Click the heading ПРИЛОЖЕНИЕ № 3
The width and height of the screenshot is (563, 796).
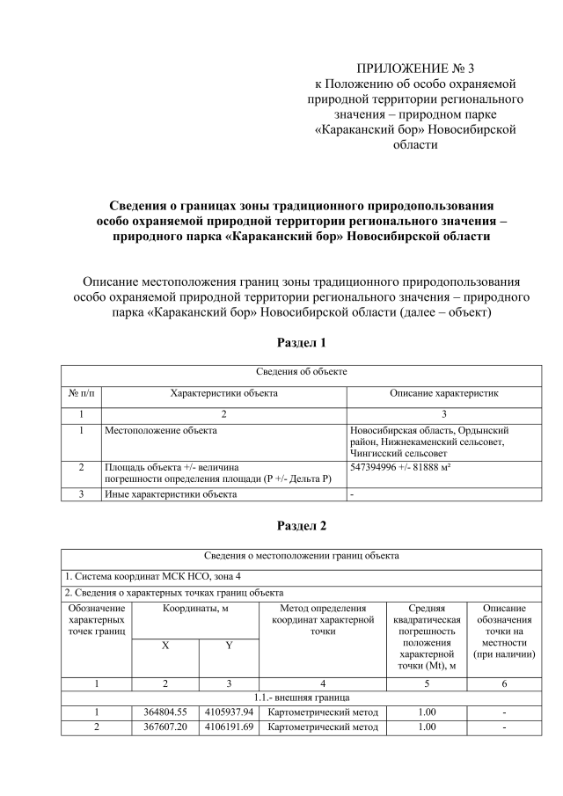[414, 69]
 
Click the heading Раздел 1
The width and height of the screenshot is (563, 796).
[302, 342]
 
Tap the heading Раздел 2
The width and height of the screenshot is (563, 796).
[302, 526]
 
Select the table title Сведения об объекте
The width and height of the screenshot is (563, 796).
[302, 373]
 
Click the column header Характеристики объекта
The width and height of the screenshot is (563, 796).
[224, 393]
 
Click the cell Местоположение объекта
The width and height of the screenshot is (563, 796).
[161, 431]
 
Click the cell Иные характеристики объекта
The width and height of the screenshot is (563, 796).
[171, 494]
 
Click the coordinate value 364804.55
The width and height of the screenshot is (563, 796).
[165, 711]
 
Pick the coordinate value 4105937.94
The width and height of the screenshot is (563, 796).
[229, 711]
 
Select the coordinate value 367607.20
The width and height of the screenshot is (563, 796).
[165, 727]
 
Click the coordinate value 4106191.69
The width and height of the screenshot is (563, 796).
[229, 727]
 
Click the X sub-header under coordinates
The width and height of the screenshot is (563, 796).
[165, 646]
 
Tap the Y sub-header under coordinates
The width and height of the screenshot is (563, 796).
[229, 646]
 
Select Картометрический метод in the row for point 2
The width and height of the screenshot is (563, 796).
[323, 727]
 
